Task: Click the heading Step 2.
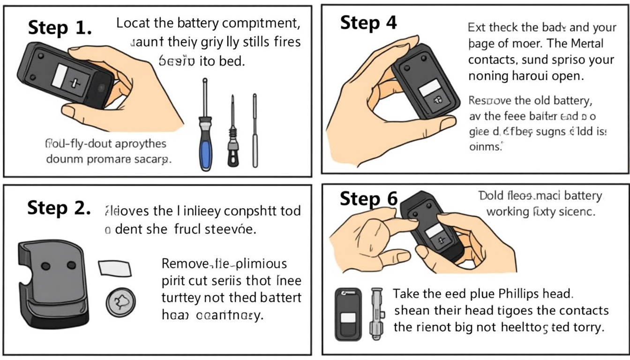(x=59, y=208)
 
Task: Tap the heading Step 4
(x=368, y=22)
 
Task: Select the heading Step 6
(x=368, y=199)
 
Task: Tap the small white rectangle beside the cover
(x=115, y=269)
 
